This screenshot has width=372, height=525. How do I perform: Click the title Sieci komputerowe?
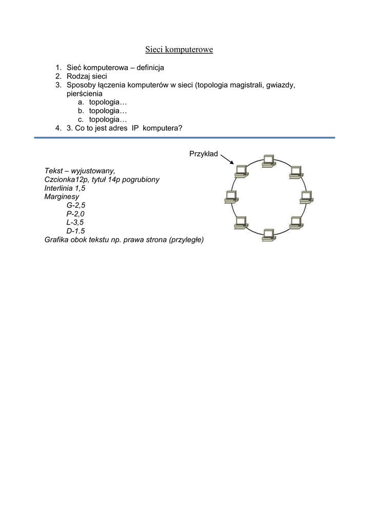point(179,50)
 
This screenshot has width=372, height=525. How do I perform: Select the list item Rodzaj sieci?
point(87,76)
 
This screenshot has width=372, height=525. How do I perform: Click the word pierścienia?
point(85,94)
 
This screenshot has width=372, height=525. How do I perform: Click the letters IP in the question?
point(135,129)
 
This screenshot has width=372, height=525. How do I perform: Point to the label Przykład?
point(204,153)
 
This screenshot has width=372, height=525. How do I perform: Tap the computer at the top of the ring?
point(268,160)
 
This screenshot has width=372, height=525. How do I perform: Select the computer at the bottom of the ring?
point(268,235)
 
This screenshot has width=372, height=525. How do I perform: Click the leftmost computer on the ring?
point(231,196)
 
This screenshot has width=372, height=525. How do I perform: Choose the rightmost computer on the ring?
point(306,197)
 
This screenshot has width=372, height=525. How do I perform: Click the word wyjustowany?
point(92,171)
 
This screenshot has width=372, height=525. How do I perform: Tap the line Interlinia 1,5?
point(65,188)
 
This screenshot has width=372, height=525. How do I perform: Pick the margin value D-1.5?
point(75,231)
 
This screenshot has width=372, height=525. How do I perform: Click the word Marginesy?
point(62,197)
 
